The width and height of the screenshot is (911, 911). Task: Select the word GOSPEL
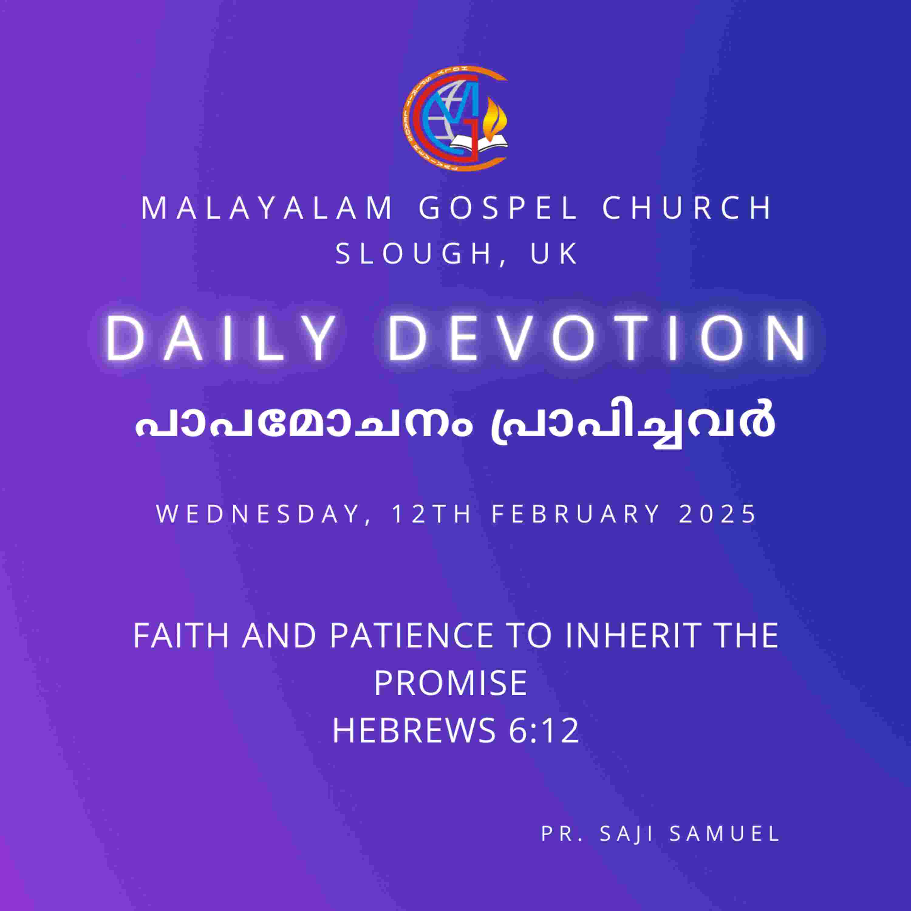498,208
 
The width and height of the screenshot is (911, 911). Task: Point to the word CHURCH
687,208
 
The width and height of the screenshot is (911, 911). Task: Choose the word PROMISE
450,683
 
